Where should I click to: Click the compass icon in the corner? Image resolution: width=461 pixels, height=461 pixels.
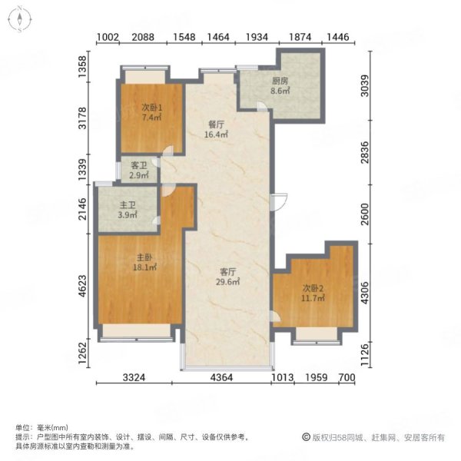(19, 19)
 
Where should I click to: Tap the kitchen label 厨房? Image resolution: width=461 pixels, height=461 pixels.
(280, 81)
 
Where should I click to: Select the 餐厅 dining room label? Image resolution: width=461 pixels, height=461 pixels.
(216, 124)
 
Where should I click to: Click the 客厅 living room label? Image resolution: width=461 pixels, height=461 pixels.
(228, 271)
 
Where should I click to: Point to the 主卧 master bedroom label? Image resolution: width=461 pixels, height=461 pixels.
(144, 257)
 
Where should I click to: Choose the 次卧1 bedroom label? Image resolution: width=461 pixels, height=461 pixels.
(151, 108)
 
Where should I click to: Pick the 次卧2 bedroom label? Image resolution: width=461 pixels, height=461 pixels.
(313, 288)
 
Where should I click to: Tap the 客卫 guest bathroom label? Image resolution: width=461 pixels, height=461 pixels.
(139, 165)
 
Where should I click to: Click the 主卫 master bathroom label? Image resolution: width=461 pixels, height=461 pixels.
(128, 204)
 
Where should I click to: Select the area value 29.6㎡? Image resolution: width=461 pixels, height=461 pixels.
(228, 282)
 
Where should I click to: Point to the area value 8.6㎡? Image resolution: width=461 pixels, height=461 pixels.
(280, 91)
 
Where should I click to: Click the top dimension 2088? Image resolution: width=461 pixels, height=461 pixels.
(143, 37)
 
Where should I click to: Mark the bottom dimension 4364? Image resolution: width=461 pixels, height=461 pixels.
(221, 377)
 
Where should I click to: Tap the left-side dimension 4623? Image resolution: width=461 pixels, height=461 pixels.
(83, 286)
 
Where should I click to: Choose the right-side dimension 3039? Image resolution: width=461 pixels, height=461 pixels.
(364, 86)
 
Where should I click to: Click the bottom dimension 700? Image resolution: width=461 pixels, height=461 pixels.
(347, 377)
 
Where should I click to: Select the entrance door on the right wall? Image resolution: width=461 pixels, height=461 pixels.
(279, 201)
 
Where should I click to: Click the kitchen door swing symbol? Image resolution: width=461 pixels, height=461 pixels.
(262, 107)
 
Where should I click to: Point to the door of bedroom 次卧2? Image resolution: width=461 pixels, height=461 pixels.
(275, 317)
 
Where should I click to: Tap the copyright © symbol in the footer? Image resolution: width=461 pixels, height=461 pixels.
(306, 437)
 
